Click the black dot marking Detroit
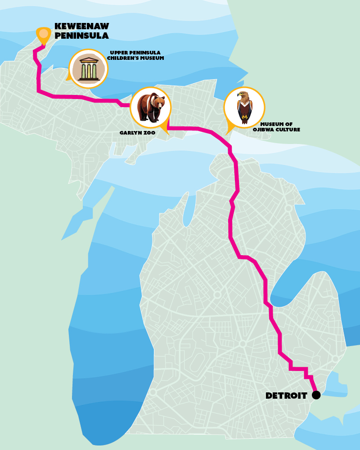(316, 395)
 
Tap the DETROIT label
(286, 396)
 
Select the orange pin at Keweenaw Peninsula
(43, 35)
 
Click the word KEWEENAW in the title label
(81, 26)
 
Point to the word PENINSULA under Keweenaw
(81, 35)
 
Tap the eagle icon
(244, 108)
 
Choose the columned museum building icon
(89, 69)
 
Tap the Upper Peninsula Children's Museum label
(135, 55)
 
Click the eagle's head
(243, 95)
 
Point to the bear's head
(158, 103)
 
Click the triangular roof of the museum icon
(89, 60)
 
